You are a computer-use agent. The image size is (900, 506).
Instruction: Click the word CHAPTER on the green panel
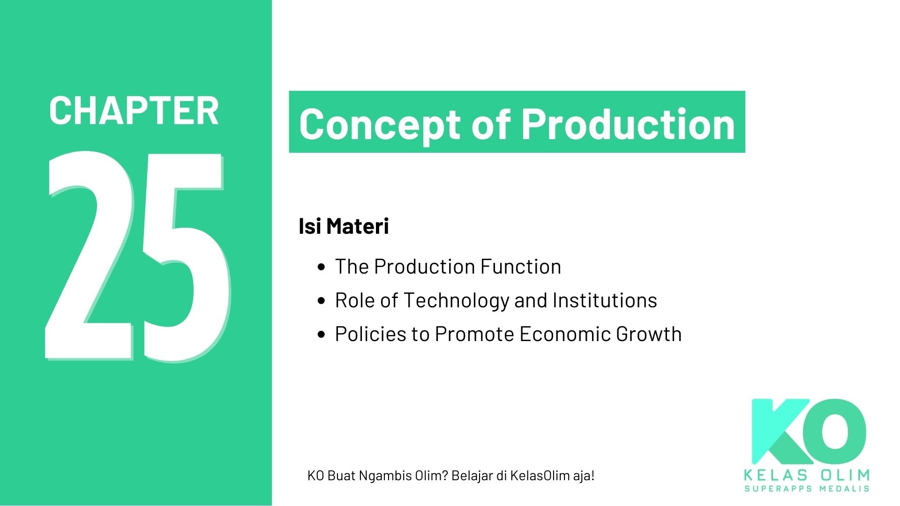click(134, 111)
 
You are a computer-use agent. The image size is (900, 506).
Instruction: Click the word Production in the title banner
click(628, 123)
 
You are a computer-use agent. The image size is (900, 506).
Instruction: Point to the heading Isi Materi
click(344, 226)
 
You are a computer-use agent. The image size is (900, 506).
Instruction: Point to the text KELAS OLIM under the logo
click(807, 476)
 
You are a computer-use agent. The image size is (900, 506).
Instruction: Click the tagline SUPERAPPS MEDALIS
click(807, 489)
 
